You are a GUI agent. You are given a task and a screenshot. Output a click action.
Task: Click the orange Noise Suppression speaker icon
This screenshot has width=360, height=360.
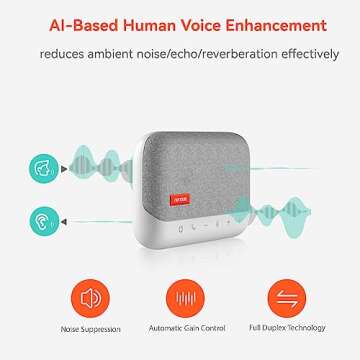point(90,297)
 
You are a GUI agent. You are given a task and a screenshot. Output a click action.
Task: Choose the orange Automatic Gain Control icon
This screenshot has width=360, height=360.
point(182,297)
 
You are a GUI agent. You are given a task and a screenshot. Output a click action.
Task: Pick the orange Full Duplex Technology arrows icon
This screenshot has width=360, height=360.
point(273,297)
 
